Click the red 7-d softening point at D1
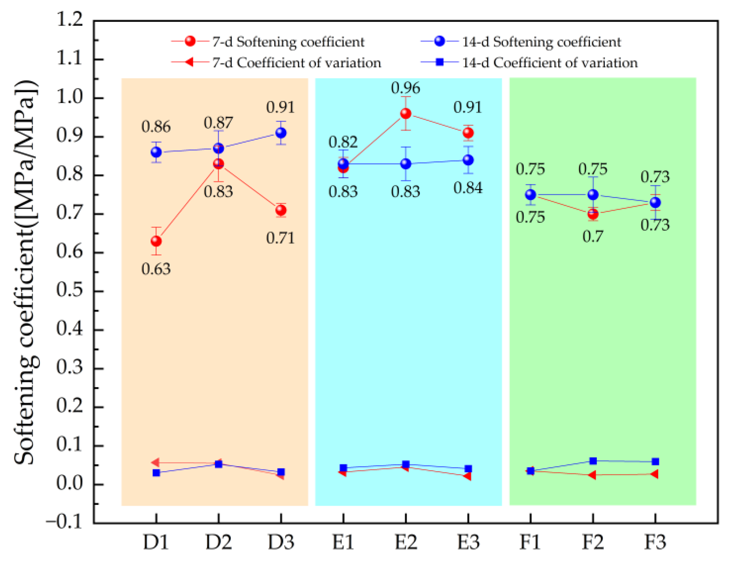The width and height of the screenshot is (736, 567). [156, 241]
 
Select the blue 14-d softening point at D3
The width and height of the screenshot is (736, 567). [281, 133]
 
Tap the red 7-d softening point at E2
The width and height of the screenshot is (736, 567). [406, 114]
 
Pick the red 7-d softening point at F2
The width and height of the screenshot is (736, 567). [593, 214]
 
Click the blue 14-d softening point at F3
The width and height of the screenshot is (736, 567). [655, 202]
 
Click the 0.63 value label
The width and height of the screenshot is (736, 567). [156, 269]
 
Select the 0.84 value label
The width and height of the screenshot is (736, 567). [468, 188]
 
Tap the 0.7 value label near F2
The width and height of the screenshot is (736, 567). [593, 237]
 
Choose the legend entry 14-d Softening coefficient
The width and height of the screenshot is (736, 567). [541, 42]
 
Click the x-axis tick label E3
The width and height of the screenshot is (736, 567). [468, 542]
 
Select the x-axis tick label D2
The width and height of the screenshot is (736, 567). [218, 542]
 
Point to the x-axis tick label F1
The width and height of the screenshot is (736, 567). [530, 542]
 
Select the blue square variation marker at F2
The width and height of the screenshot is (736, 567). [593, 461]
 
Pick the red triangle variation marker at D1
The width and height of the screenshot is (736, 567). [155, 463]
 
